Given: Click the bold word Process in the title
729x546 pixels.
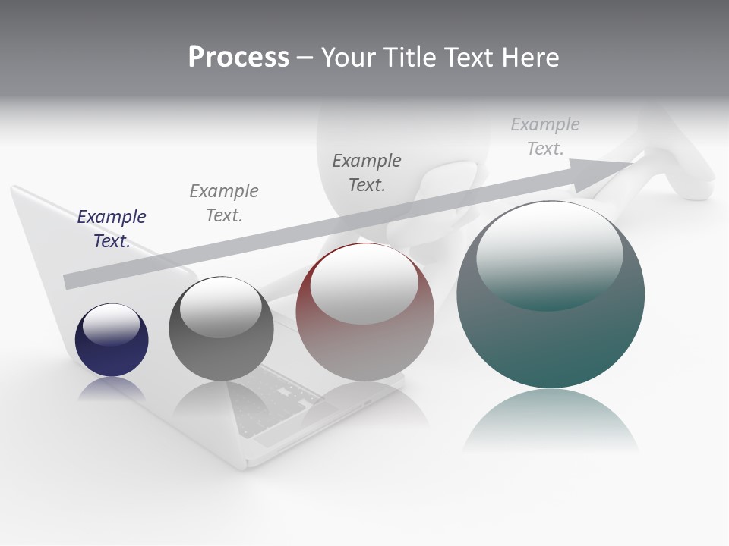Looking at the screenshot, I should pyautogui.click(x=238, y=58).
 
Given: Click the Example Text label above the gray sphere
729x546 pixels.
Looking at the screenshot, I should pyautogui.click(x=224, y=203).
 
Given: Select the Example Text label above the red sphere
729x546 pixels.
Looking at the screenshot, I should pyautogui.click(x=367, y=173).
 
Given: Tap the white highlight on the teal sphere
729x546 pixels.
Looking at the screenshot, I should pyautogui.click(x=549, y=254).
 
